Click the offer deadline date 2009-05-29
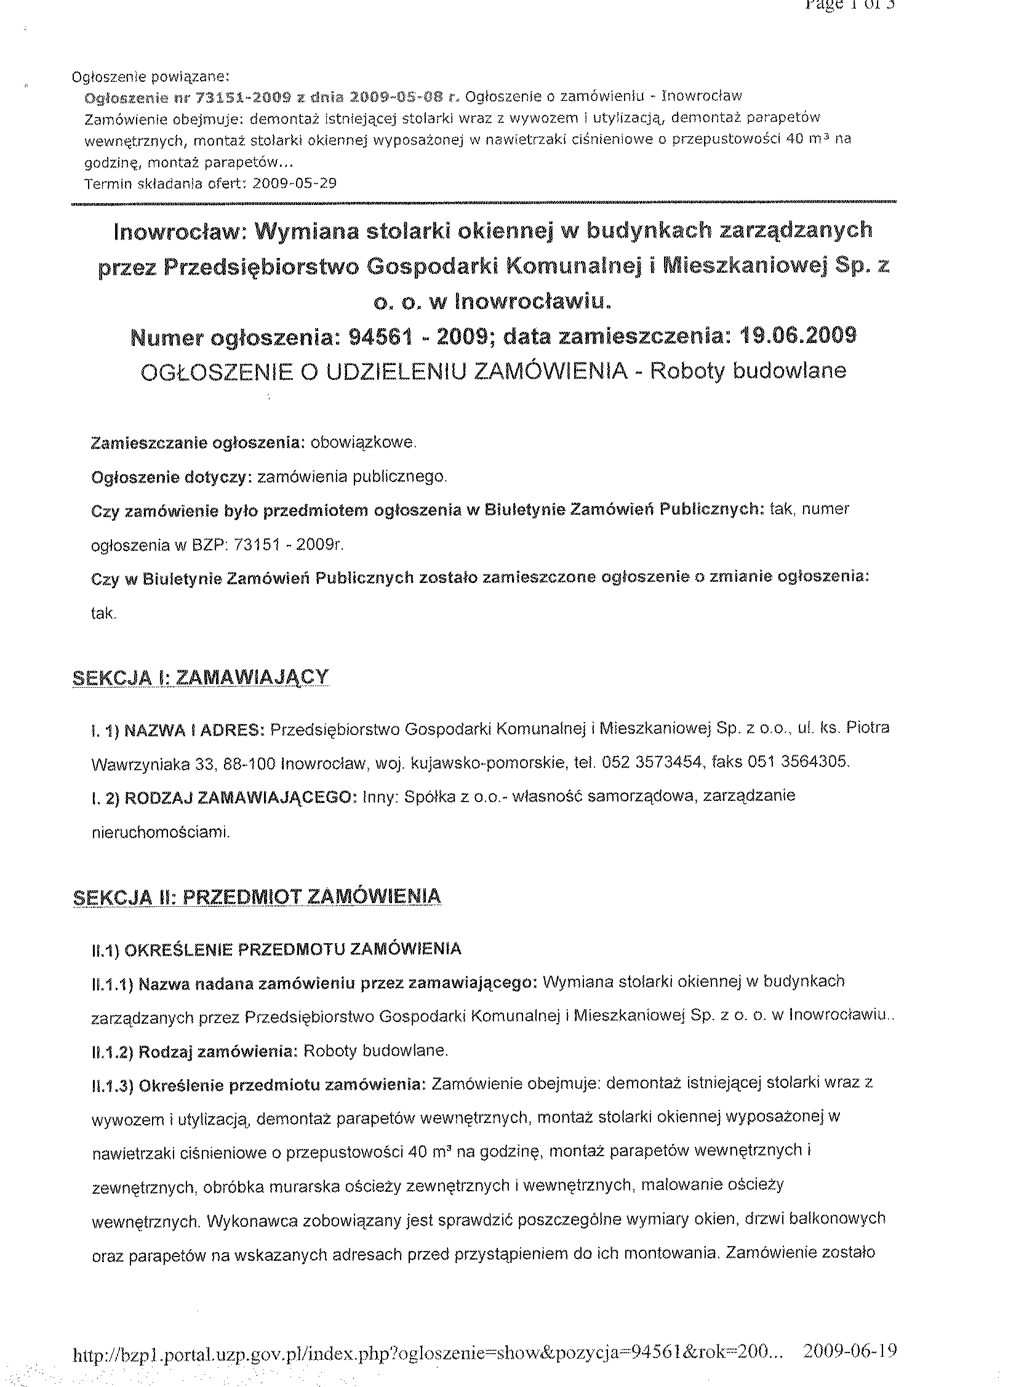(x=295, y=183)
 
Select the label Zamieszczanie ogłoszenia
(x=198, y=443)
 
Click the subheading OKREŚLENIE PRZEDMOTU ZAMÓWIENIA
(x=292, y=949)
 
